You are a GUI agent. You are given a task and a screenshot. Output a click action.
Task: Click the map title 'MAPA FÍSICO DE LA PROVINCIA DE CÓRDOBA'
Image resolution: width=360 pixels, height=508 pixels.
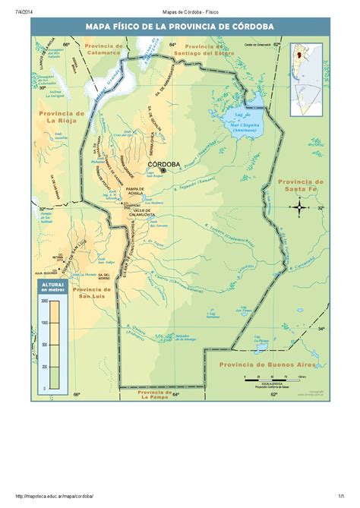point(179,28)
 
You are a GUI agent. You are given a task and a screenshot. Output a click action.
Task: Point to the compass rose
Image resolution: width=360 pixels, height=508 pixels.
point(301,207)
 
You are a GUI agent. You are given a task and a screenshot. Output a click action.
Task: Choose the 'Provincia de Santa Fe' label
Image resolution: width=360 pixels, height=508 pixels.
point(301,186)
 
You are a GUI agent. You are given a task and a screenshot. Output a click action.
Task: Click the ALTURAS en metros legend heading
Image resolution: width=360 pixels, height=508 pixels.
point(49,286)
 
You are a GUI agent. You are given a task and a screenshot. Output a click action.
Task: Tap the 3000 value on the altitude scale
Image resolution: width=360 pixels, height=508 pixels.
point(45,301)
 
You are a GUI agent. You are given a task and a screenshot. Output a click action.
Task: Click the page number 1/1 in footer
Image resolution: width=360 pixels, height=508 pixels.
point(343,494)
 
